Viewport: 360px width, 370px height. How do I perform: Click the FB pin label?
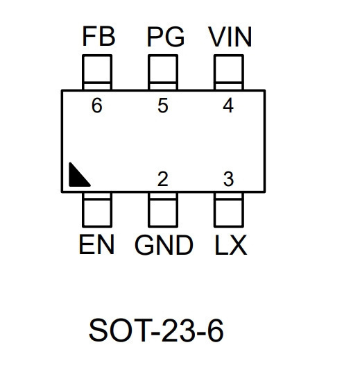pyautogui.click(x=98, y=37)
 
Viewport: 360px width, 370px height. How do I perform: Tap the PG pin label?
pyautogui.click(x=166, y=37)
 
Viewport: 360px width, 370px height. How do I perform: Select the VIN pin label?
pyautogui.click(x=230, y=37)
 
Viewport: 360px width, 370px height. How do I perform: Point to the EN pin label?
pyautogui.click(x=96, y=244)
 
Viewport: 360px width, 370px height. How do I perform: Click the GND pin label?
pyautogui.click(x=164, y=245)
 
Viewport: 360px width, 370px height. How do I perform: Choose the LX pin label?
pyautogui.click(x=231, y=245)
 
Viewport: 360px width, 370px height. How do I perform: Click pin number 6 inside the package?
pyautogui.click(x=97, y=106)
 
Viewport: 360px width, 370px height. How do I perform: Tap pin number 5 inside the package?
pyautogui.click(x=163, y=106)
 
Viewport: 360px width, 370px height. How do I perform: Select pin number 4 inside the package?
pyautogui.click(x=228, y=106)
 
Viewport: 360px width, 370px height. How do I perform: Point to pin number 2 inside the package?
pyautogui.click(x=163, y=179)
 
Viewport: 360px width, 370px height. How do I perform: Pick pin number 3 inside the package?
pyautogui.click(x=228, y=179)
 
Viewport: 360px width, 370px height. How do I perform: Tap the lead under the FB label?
pyautogui.click(x=97, y=72)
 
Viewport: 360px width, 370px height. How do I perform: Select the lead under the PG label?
pyautogui.click(x=163, y=72)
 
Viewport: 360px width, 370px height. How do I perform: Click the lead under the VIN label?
pyautogui.click(x=229, y=72)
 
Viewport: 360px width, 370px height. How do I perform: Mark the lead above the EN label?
pyautogui.click(x=97, y=210)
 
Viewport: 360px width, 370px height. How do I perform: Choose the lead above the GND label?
pyautogui.click(x=163, y=210)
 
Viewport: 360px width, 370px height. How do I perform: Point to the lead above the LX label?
pyautogui.click(x=229, y=210)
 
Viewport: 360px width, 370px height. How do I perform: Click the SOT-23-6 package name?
pyautogui.click(x=156, y=330)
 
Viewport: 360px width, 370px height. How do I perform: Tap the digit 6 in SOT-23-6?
pyautogui.click(x=215, y=330)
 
